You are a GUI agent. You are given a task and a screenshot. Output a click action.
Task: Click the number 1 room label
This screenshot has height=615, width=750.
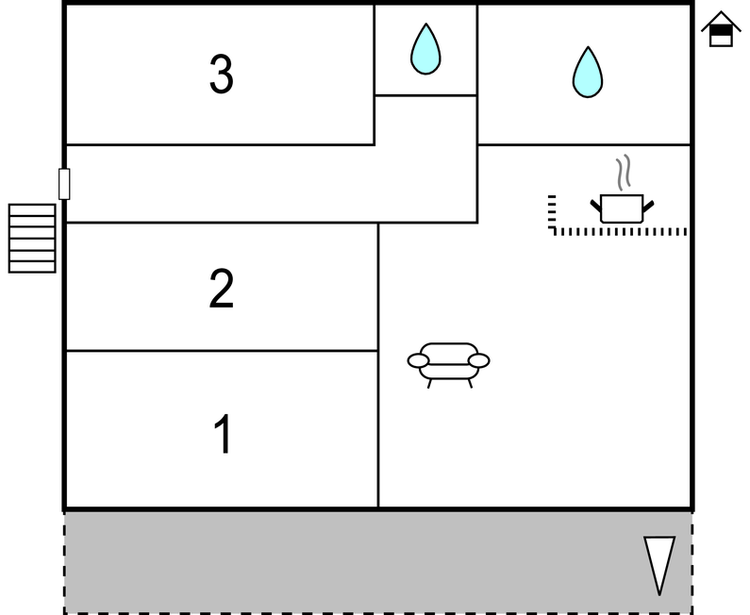222,435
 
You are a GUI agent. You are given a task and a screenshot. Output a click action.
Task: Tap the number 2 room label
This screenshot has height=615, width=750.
222,290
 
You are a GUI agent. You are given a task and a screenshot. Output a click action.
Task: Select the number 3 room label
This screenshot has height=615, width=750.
222,75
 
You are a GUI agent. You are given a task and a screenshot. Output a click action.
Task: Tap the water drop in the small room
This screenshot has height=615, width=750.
425,49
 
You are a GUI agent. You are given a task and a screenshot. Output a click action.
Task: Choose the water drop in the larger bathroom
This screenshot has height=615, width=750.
587,72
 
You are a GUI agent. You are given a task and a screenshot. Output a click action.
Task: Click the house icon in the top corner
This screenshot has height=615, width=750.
721,29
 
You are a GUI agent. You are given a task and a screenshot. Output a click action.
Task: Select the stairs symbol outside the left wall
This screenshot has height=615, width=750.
32,238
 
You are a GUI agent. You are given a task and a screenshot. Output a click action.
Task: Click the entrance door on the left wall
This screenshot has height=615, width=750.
64,183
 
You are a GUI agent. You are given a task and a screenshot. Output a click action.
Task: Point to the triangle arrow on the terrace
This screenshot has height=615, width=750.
658,564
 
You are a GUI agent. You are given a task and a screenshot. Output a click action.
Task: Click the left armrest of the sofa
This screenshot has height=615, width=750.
418,360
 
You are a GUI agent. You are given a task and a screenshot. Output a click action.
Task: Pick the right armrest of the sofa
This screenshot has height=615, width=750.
479,360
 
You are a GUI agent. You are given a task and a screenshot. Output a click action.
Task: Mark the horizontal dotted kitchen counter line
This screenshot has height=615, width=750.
619,231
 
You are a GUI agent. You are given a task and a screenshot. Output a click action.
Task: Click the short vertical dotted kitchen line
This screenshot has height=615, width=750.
552,212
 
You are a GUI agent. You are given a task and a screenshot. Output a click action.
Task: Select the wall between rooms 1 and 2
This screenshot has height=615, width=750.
222,351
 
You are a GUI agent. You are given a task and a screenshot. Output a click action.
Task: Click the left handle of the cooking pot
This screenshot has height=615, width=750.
596,205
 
